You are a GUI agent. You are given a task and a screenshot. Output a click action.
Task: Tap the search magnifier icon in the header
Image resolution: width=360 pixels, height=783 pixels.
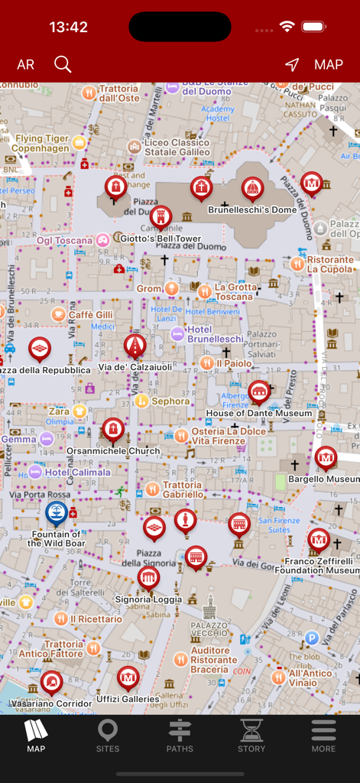click(63, 64)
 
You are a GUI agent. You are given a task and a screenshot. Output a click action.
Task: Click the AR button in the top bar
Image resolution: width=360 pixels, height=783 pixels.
click(26, 65)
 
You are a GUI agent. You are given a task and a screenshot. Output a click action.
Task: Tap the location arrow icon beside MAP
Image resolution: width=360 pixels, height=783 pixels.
click(292, 65)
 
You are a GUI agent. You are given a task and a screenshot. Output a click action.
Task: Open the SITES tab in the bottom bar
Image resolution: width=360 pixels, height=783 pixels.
click(108, 736)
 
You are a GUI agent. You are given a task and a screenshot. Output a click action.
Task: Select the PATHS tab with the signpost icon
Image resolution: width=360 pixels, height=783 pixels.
click(180, 736)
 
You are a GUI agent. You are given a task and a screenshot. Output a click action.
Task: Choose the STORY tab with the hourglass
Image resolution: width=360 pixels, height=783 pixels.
click(251, 736)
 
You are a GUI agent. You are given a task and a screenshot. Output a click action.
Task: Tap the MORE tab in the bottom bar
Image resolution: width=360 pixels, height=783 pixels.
click(323, 736)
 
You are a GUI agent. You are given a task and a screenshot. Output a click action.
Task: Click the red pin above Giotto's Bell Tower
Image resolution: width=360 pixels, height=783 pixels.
click(161, 217)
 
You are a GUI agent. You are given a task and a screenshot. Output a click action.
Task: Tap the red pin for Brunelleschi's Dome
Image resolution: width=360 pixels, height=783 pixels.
click(252, 187)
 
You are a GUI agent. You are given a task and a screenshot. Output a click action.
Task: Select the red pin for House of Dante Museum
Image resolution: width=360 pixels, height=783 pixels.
click(259, 392)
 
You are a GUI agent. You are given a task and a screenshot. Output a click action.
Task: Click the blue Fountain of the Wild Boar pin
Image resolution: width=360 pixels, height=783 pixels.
click(56, 512)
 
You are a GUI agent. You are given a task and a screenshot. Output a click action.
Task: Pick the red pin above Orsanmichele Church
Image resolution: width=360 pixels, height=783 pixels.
click(113, 429)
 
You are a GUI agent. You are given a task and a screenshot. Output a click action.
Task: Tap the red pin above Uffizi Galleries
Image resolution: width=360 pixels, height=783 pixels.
click(128, 677)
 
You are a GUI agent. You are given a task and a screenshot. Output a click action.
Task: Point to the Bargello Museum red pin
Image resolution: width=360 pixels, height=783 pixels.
click(326, 458)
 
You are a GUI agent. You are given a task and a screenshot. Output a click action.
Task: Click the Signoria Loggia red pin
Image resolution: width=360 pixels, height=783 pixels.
click(148, 578)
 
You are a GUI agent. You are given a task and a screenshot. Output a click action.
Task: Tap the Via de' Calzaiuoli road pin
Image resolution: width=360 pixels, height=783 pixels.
click(135, 346)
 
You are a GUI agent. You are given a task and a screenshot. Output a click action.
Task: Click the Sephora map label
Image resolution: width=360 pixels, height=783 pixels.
click(170, 401)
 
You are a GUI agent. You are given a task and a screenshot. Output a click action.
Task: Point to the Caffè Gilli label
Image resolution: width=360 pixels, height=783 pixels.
click(90, 314)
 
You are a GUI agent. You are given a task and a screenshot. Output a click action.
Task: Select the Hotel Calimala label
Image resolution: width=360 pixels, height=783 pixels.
click(76, 472)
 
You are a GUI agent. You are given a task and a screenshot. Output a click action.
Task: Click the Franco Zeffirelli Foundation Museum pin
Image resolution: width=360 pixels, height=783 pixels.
click(319, 540)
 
